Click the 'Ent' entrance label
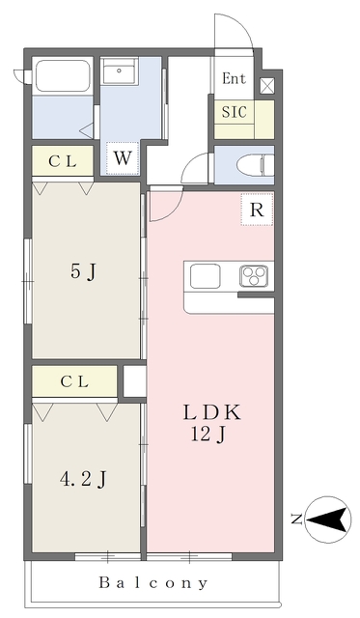[x=234, y=78]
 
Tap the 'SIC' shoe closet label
[x=234, y=112]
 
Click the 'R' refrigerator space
[x=257, y=210]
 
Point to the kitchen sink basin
[x=206, y=276]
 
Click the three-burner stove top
[x=254, y=276]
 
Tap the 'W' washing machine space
[x=123, y=158]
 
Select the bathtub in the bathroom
[x=63, y=76]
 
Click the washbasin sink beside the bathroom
[x=120, y=70]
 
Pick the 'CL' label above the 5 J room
[x=62, y=161]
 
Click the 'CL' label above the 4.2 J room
[x=74, y=381]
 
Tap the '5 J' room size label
[x=84, y=271]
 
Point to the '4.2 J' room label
[x=83, y=480]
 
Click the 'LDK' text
[x=211, y=412]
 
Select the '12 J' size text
[x=208, y=435]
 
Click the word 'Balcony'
[x=153, y=582]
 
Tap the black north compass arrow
[x=328, y=520]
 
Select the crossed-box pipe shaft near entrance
[x=267, y=86]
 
